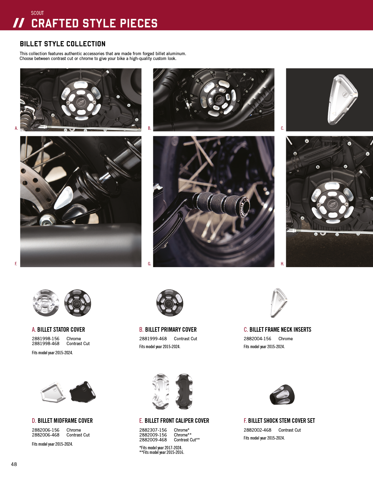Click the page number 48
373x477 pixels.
14,464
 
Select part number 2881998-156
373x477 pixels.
46,339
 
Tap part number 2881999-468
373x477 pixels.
153,339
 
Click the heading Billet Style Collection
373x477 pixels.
62,44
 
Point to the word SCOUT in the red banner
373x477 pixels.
37,13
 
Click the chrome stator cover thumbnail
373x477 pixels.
46,303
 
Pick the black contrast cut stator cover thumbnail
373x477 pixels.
78,303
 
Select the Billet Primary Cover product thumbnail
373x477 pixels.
170,303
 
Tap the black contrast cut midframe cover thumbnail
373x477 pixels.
83,392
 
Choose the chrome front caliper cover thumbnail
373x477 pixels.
161,392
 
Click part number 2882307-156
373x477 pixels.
153,430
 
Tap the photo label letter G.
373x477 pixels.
150,264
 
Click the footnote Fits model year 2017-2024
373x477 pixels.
161,447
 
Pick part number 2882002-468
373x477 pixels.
258,430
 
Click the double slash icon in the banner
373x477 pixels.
19,23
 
